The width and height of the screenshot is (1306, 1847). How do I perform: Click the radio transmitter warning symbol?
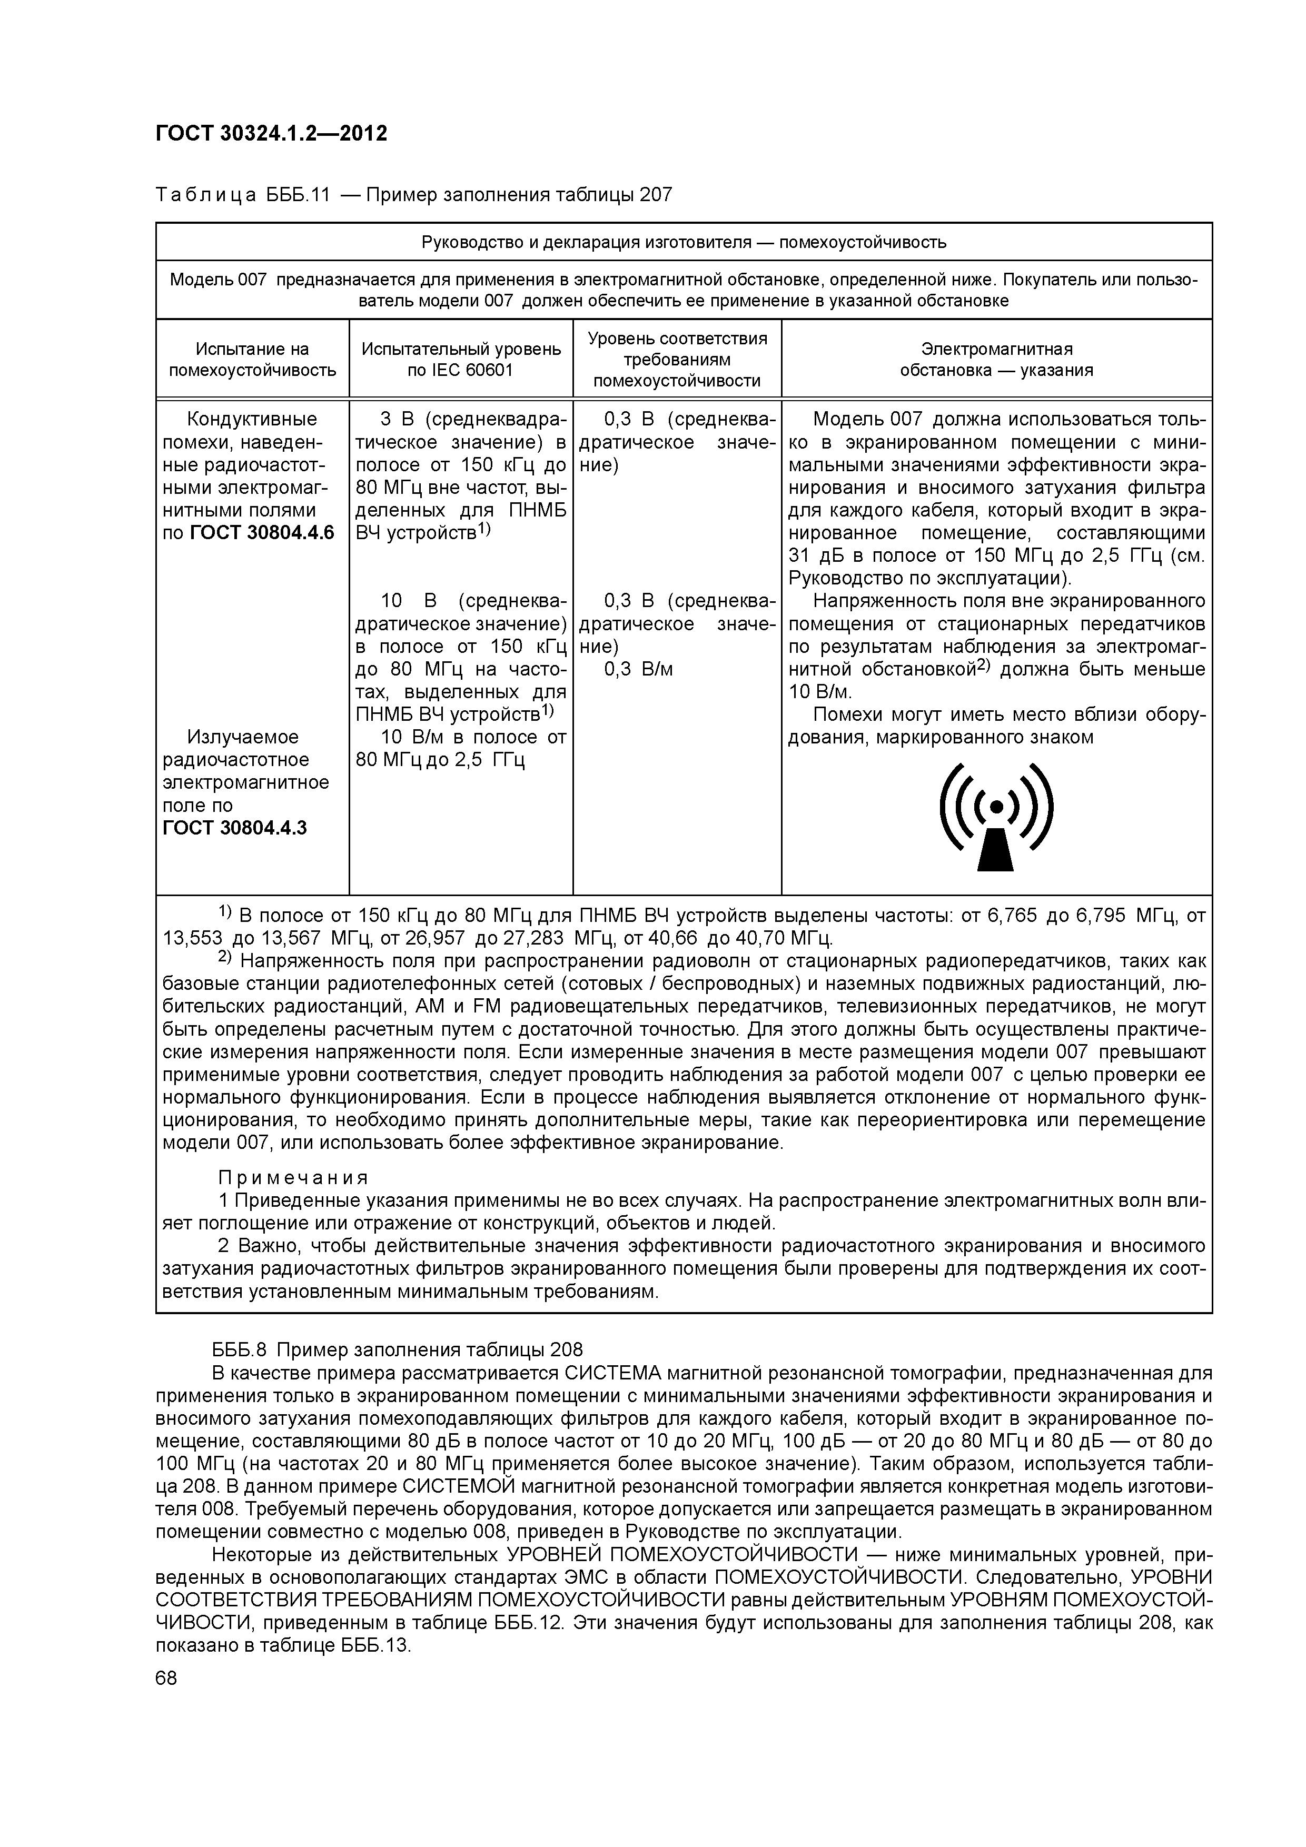pos(996,817)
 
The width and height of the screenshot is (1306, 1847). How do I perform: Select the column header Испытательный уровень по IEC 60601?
pos(461,360)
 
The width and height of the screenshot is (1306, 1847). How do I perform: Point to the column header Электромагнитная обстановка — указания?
pos(996,360)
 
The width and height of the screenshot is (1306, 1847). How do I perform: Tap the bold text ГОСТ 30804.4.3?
pos(235,829)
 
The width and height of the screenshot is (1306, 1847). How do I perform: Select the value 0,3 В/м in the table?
pos(638,669)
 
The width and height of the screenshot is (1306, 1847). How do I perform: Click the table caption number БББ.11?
pos(298,195)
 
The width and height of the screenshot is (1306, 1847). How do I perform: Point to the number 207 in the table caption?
pos(655,195)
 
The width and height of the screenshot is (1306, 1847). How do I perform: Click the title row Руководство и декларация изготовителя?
pos(684,242)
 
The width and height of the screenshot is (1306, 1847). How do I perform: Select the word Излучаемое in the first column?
pos(242,738)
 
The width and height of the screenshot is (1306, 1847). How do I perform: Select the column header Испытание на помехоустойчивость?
pos(252,360)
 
